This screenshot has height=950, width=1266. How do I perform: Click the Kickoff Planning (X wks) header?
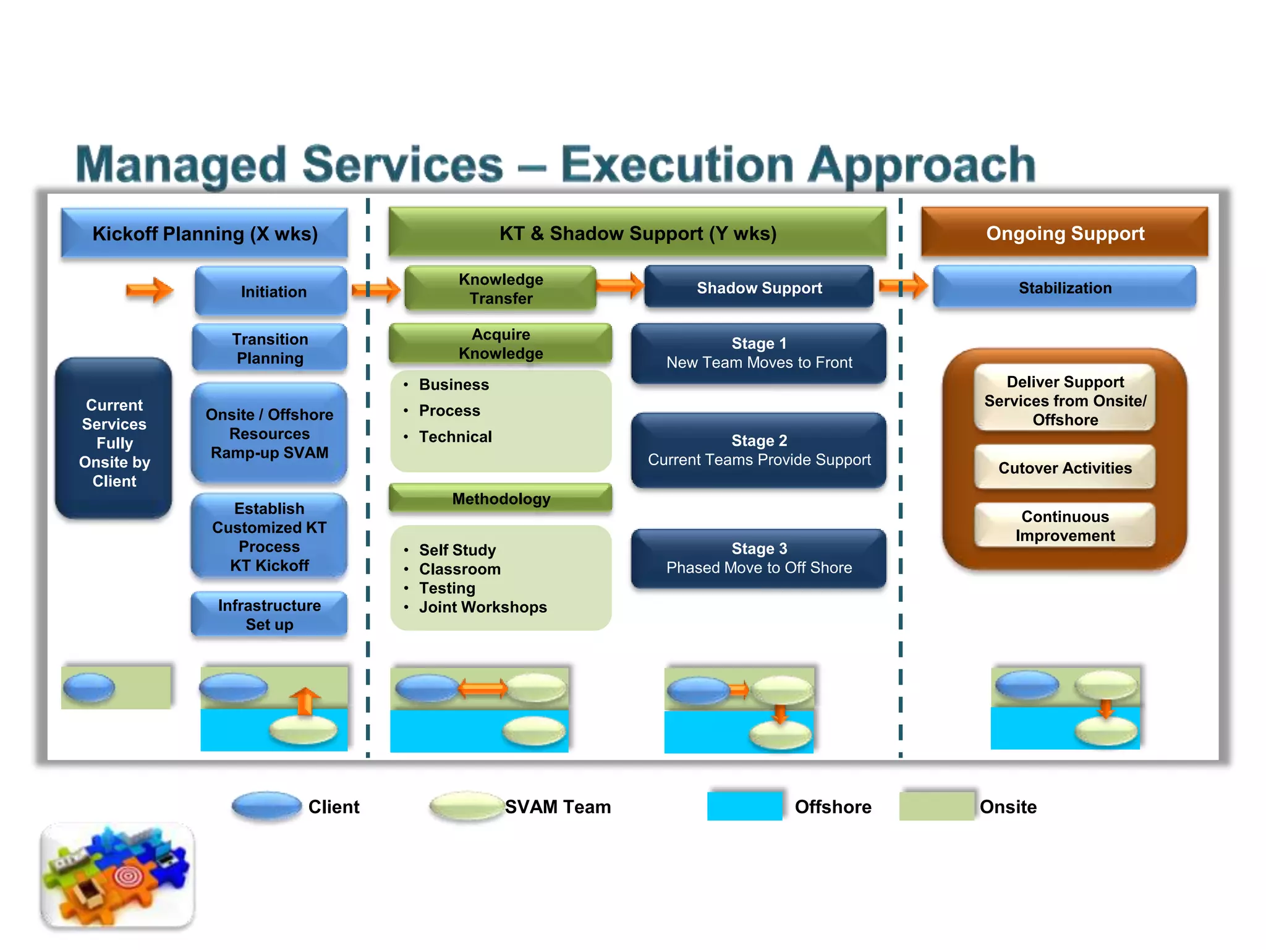(204, 234)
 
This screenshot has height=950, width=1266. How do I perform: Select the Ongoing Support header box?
(1064, 233)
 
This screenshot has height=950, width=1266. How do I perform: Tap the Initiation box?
(272, 291)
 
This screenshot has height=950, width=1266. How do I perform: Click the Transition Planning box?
(270, 348)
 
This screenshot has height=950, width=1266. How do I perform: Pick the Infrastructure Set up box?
(270, 614)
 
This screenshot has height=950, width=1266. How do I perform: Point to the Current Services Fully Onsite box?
(114, 442)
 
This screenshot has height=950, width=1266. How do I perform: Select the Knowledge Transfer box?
(500, 288)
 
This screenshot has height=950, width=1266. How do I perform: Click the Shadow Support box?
(758, 288)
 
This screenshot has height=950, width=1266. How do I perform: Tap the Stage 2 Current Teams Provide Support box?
(758, 450)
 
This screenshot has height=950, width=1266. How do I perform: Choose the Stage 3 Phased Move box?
(758, 558)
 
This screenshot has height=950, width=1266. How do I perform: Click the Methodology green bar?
(500, 499)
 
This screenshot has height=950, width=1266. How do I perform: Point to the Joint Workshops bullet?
(482, 607)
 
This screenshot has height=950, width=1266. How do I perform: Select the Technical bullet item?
(455, 437)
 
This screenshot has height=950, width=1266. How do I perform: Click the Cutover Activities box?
(1064, 468)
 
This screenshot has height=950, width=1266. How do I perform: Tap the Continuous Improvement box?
(1064, 526)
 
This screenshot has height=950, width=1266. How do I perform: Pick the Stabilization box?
(1064, 288)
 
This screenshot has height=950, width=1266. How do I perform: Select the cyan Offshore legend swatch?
(744, 806)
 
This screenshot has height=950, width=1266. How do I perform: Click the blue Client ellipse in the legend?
(266, 806)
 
